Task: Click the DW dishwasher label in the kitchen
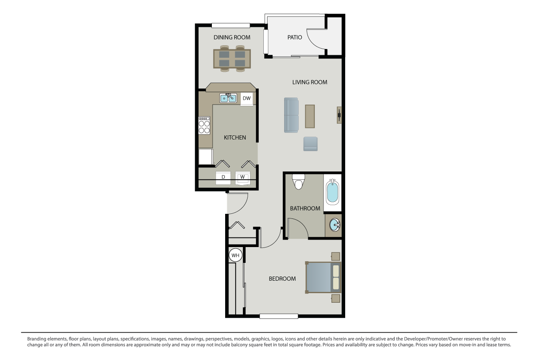tap(247, 98)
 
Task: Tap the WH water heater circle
tap(236, 255)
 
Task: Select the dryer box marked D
tap(223, 177)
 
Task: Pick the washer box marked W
tap(243, 177)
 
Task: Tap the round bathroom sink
tap(334, 225)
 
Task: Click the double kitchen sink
tap(228, 98)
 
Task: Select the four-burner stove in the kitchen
tap(204, 125)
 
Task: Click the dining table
tap(232, 59)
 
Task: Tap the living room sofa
tap(291, 115)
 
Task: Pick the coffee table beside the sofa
tap(310, 116)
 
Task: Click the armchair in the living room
tap(310, 144)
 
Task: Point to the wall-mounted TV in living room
tap(339, 115)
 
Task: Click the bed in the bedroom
tap(323, 277)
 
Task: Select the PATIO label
tap(295, 37)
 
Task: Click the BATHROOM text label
tap(305, 208)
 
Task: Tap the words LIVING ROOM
tap(309, 82)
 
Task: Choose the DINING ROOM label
tap(232, 37)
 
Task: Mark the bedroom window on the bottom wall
tap(279, 316)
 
